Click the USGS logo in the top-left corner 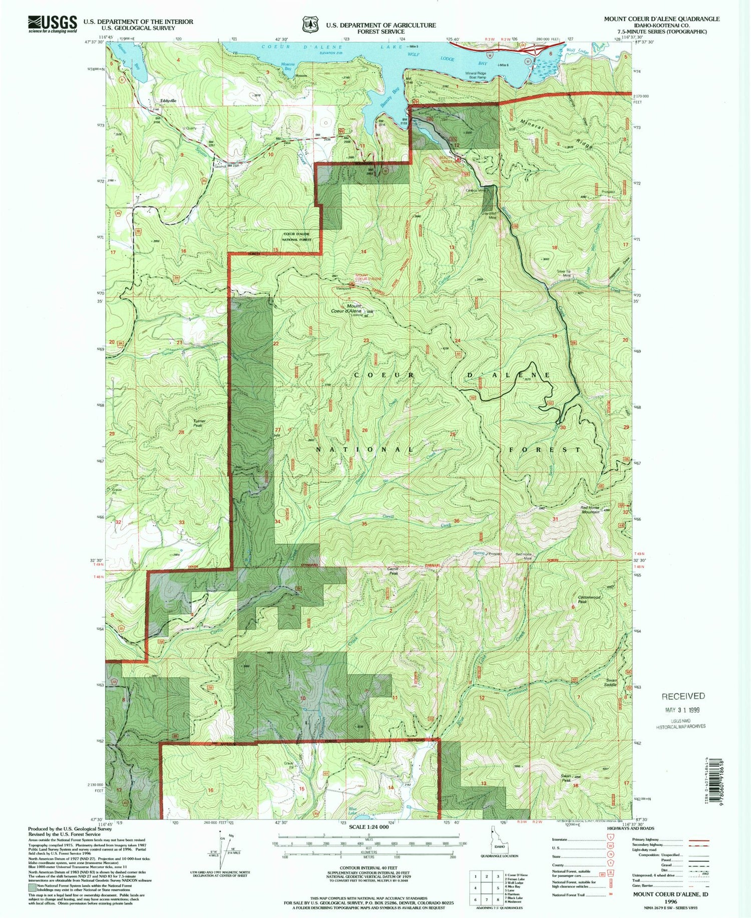[x=53, y=23]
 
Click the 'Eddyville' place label [x=168, y=101]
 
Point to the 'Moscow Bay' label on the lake [x=287, y=67]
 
